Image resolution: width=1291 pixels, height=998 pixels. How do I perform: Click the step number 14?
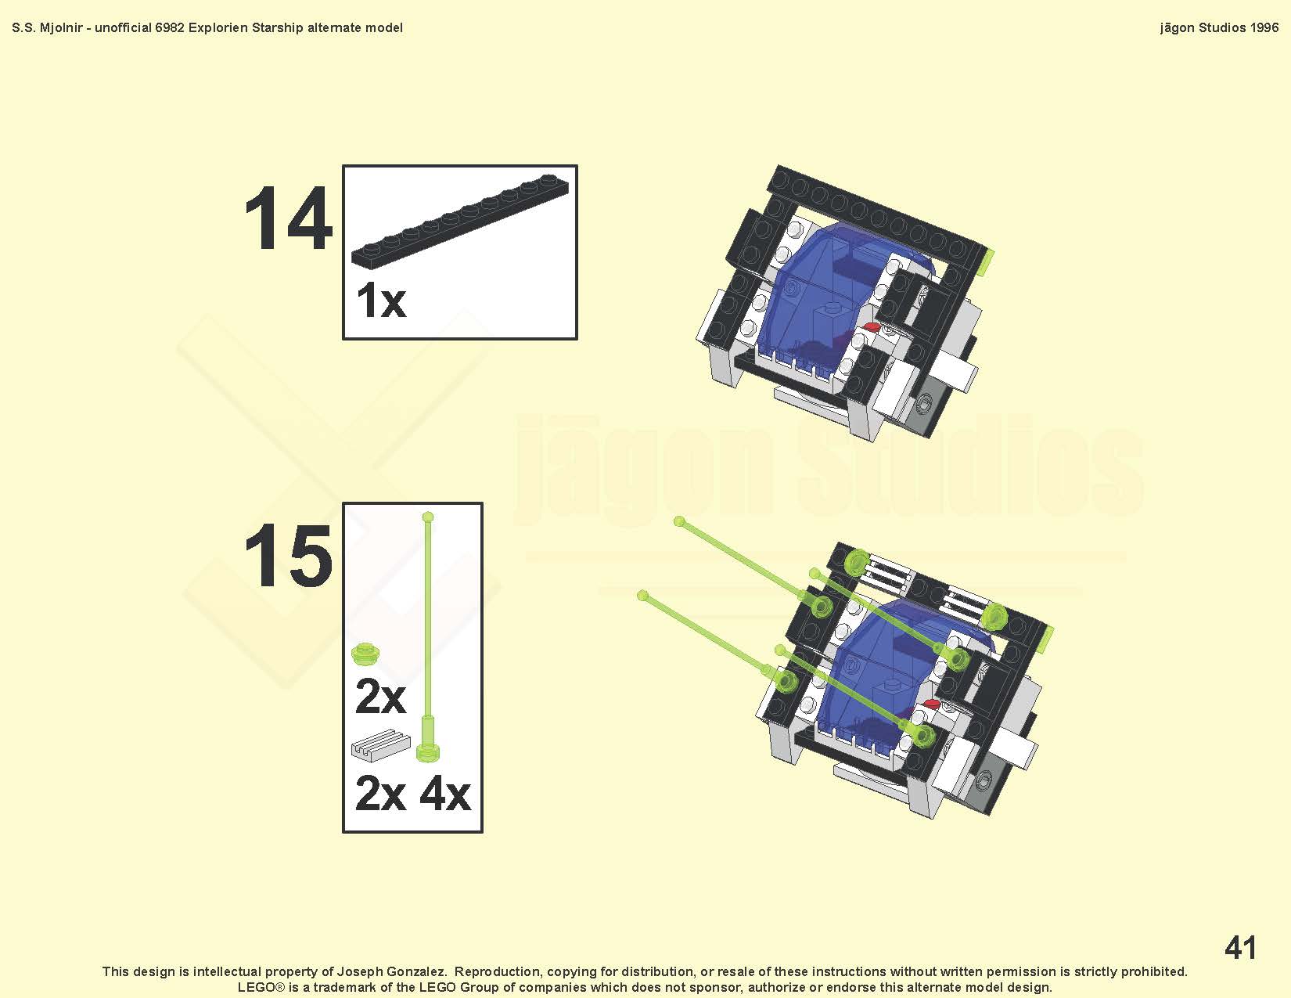(x=288, y=218)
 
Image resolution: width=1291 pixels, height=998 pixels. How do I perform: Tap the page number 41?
(x=1240, y=947)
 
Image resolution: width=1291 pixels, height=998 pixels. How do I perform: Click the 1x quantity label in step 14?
(x=381, y=301)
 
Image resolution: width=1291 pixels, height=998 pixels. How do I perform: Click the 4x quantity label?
(x=445, y=794)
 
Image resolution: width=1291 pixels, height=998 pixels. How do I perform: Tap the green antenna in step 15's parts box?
(x=428, y=636)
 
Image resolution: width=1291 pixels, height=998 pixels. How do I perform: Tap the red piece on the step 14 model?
(x=872, y=326)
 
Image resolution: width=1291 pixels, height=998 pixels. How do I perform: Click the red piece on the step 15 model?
(x=931, y=704)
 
